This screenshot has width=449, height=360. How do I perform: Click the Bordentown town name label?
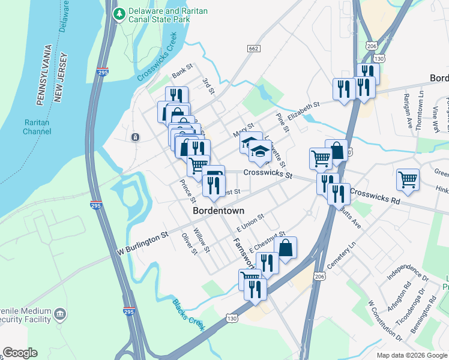coord(218,211)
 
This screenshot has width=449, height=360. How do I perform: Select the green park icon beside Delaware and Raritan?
coord(119,13)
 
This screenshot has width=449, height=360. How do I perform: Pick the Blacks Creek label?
coord(188,314)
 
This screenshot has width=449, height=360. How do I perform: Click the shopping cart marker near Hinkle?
coord(408,179)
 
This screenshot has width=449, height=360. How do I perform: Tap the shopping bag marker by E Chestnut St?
coord(286,247)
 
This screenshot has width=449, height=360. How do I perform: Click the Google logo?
coord(20,353)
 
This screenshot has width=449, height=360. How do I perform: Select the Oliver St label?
coord(190,244)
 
